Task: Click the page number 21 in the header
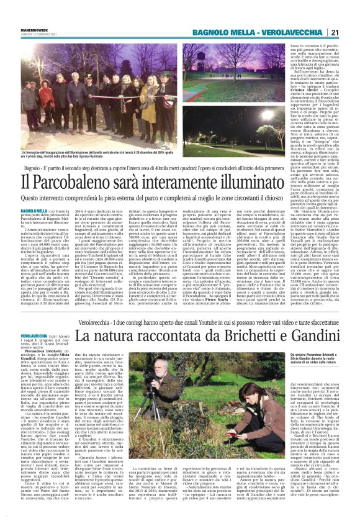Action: [351, 14]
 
